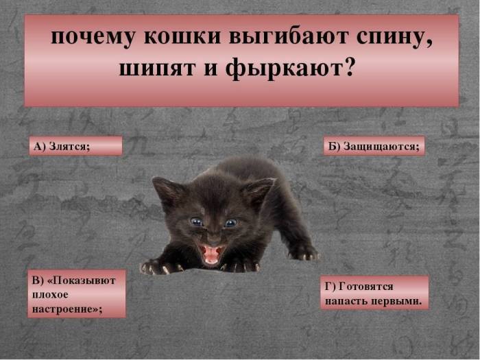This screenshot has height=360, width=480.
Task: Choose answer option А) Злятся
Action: pos(75,145)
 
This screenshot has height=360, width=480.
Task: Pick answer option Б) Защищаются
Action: pos(374,145)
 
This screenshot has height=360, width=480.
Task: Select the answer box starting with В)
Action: pos(77,293)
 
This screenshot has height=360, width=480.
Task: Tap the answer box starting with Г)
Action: pos(374,293)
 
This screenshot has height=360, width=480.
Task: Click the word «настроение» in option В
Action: pos(66,309)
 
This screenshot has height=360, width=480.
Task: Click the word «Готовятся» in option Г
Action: pos(369,286)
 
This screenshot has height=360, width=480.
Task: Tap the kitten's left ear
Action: pos(165,191)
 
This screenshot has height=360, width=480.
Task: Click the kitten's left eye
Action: pos(196,221)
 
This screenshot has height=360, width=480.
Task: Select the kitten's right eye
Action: pos(230,222)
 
